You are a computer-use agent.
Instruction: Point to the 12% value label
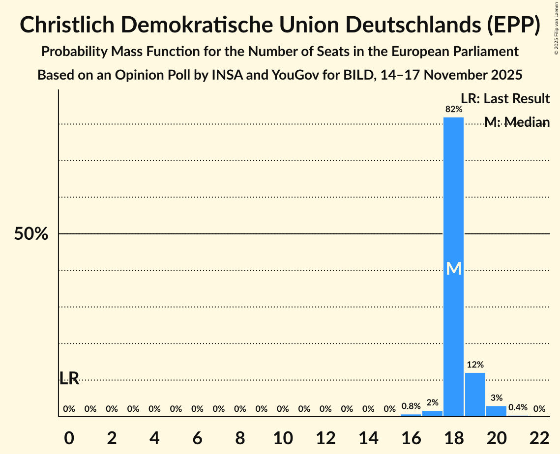475,365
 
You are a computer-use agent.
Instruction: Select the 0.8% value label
411,407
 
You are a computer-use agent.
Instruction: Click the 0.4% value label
518,407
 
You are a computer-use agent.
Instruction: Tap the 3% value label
496,398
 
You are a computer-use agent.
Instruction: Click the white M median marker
454,269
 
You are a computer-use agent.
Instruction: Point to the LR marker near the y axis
69,378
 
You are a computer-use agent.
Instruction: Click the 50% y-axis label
31,234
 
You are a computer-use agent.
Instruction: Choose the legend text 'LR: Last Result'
505,99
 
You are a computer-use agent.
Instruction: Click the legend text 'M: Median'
517,122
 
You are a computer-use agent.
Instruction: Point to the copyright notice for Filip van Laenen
556,28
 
